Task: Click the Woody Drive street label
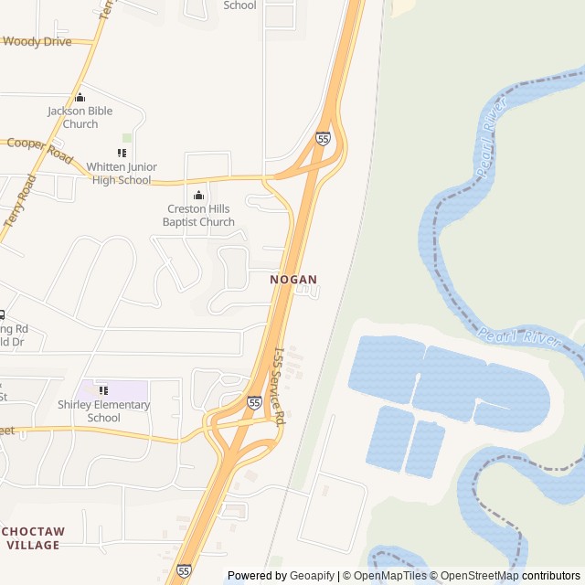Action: click(x=37, y=41)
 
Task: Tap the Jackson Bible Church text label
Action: click(x=80, y=117)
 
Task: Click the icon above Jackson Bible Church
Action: click(x=80, y=98)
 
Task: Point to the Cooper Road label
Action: click(x=39, y=149)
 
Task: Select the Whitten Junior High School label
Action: click(x=122, y=173)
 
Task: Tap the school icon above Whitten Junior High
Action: click(x=122, y=153)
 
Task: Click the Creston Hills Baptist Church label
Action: click(x=198, y=215)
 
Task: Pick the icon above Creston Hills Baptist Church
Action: click(x=198, y=195)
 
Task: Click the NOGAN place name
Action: click(x=293, y=280)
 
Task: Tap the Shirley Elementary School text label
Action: click(x=103, y=411)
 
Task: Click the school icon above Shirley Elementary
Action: click(x=103, y=390)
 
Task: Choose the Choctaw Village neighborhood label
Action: click(x=33, y=537)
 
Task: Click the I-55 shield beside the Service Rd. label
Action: click(x=254, y=402)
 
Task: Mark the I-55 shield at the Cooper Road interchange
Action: click(x=323, y=138)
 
